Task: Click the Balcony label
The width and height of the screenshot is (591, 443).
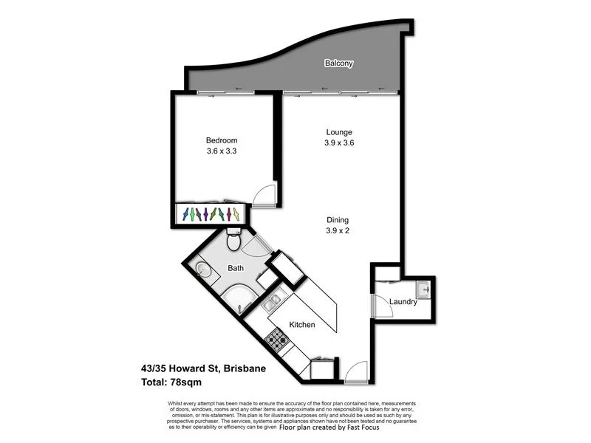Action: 339,63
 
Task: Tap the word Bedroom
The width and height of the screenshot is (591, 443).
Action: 222,140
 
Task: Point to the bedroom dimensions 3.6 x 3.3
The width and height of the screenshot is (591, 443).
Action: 222,151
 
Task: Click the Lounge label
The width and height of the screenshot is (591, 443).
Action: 339,133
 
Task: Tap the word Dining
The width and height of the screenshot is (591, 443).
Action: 339,219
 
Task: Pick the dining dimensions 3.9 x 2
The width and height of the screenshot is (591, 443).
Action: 339,230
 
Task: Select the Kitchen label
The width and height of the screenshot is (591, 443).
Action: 302,325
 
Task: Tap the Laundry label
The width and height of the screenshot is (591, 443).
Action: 403,302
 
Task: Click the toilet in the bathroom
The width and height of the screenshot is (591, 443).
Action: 234,241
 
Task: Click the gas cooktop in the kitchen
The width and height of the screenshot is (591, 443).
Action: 277,340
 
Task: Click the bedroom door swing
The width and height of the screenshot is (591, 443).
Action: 263,196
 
